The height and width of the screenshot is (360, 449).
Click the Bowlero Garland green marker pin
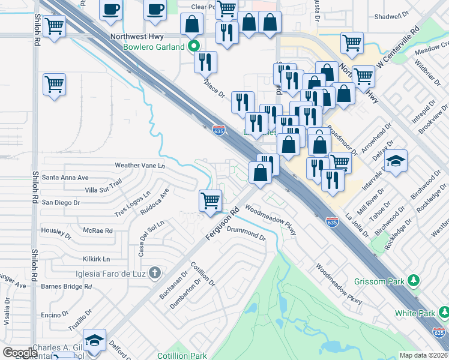tap(193, 46)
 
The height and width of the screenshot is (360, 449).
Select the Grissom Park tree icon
tap(413, 280)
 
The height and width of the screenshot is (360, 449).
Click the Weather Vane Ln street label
tap(139, 165)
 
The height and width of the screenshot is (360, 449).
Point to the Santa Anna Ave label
tap(65, 178)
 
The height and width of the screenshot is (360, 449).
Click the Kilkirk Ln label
tap(97, 259)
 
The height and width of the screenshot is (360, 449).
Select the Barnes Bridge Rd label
tap(66, 286)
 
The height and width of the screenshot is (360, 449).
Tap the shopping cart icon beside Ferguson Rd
tap(211, 200)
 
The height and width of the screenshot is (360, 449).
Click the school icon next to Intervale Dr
tap(396, 161)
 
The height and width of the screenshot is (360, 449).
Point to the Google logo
tap(20, 353)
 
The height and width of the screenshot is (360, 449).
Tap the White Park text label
tap(414, 313)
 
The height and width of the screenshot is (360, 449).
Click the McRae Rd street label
tap(98, 230)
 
